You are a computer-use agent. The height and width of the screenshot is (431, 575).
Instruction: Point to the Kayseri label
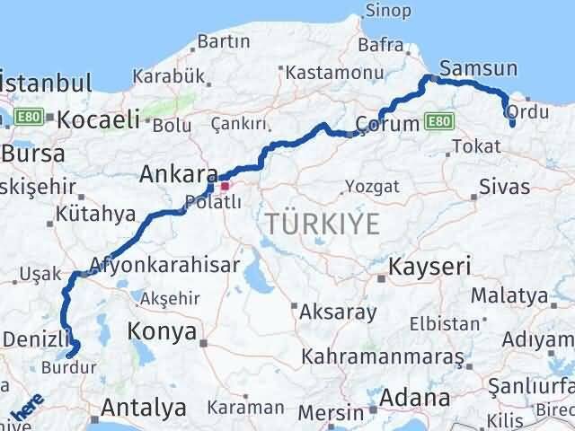coord(429,267)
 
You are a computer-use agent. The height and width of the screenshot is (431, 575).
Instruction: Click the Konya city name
coord(163,331)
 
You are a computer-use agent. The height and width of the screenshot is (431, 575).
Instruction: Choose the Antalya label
coord(144,408)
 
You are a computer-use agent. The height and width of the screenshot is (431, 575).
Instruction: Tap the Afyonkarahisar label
coord(164,265)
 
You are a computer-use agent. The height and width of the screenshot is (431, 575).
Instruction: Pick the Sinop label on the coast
coord(388,12)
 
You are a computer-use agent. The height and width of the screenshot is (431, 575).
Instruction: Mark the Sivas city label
coord(505,188)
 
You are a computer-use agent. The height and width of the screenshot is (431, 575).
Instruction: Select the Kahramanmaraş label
coord(376,357)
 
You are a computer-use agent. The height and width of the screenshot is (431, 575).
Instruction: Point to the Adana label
coord(414,397)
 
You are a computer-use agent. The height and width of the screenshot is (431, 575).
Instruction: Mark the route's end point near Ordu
coord(512,125)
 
